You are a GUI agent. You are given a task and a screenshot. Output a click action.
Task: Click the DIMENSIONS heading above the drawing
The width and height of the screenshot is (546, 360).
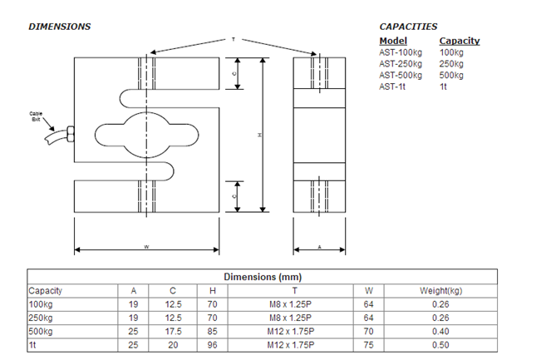pos(60,27)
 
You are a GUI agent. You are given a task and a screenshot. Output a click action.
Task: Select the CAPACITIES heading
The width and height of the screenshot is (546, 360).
pos(408,27)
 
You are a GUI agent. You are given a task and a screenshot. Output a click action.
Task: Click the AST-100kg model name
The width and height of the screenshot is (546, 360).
pos(399,52)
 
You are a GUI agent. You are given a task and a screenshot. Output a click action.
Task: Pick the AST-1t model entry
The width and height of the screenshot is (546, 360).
pos(391,86)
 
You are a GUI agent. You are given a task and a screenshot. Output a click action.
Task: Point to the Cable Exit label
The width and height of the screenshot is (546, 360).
pos(36,116)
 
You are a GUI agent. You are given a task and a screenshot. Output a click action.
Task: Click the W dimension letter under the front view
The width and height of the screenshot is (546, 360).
pos(146,247)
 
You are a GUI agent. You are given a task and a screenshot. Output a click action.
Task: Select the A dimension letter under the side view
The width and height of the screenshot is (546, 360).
pos(319,247)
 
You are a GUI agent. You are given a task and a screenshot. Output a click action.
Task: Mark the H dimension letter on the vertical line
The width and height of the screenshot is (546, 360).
pos(261,136)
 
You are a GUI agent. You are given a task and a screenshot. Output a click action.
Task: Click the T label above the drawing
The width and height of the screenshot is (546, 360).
pos(234,39)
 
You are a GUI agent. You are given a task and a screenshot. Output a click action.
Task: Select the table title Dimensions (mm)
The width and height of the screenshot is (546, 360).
pos(262,277)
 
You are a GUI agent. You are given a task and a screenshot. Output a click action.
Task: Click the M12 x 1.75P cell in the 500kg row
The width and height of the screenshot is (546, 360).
pos(290,330)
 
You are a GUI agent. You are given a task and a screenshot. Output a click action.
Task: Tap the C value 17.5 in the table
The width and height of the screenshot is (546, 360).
pos(172,330)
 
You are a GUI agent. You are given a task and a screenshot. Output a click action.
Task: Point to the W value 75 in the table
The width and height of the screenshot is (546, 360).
pos(369,343)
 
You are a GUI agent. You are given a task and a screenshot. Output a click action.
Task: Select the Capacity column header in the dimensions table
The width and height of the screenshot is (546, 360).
pos(46,291)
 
